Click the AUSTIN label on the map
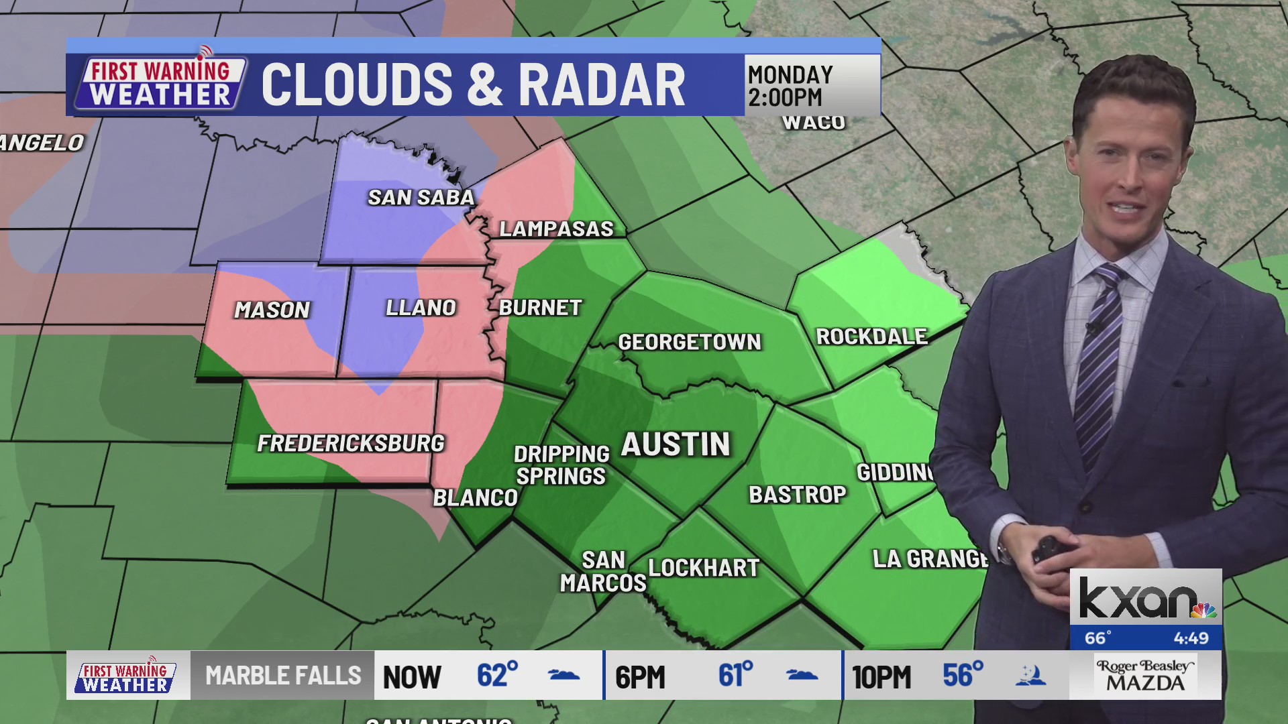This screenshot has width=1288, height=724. click(x=676, y=444)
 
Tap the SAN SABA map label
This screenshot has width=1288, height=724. click(x=421, y=197)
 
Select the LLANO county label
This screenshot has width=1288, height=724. click(x=421, y=308)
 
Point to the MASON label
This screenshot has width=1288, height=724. click(x=272, y=310)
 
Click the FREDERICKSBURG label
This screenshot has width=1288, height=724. click(x=351, y=443)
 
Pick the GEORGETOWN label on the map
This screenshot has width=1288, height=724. click(x=690, y=342)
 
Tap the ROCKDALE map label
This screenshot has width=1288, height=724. click(x=871, y=337)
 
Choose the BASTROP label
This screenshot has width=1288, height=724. click(x=798, y=495)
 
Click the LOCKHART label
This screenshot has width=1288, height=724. click(x=704, y=568)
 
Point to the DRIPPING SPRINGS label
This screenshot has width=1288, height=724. click(x=561, y=465)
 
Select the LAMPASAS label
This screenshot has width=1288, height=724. click(x=556, y=229)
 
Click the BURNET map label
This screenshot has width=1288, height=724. click(x=540, y=308)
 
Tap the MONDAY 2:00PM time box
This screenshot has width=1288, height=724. click(x=812, y=85)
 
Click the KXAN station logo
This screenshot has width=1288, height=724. click(x=1146, y=599)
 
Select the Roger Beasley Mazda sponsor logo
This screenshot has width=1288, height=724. click(x=1145, y=676)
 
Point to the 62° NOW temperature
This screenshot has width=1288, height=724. click(x=497, y=676)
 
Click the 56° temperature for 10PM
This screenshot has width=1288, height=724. click(x=963, y=676)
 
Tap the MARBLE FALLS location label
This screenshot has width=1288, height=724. click(x=283, y=676)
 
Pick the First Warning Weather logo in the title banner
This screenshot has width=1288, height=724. click(x=160, y=82)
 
